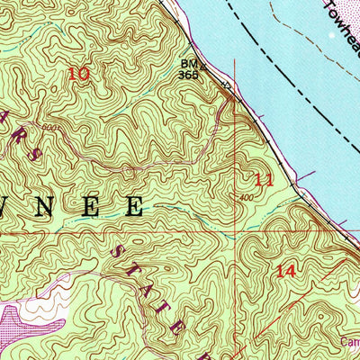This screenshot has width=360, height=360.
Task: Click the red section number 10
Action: pos(79,75)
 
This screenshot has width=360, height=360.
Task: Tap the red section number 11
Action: pos(263,180)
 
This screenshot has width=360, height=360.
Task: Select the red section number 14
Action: pos(286,270)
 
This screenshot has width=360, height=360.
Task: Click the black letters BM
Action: pos(188,65)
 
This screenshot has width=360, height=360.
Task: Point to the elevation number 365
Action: pos(188,76)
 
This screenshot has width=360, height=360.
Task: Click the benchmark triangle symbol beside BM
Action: pos(203,65)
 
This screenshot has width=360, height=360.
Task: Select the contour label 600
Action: pos(47,128)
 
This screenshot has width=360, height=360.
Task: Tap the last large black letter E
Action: pos(132,206)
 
